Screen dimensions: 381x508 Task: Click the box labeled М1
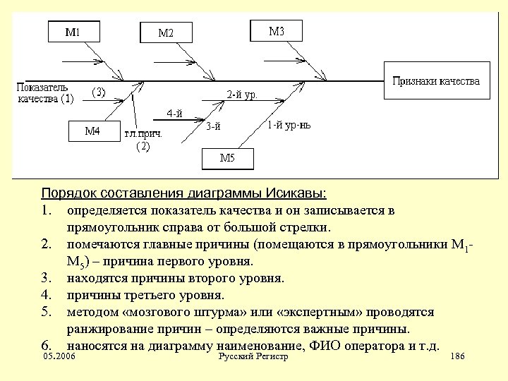coord(73,32)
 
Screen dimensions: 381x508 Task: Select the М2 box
coord(166,32)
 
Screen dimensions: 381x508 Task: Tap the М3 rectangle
coord(277,31)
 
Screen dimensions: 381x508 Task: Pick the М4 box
coord(92,131)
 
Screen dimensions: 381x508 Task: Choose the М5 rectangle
coord(227,158)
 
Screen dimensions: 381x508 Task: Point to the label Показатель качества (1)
coord(44,93)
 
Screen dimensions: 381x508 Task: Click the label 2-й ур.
coord(241,95)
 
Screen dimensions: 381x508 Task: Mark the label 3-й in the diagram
coord(213,126)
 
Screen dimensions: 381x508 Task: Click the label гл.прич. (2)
coord(143,140)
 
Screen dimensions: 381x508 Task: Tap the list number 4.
coord(45,295)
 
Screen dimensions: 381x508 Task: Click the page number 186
coord(456,358)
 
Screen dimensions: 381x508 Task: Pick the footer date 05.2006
coord(59,358)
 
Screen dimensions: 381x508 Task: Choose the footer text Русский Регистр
coord(253,358)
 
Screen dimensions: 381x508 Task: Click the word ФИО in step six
coord(327,346)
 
